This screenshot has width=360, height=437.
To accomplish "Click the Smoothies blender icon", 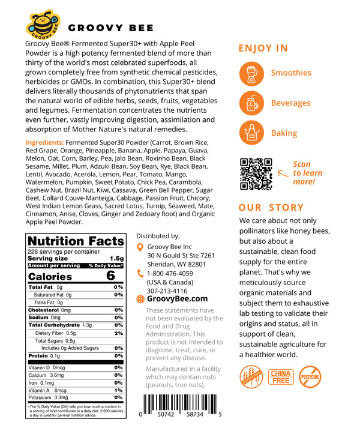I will coord(251,73).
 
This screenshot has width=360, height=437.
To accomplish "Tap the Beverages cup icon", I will coord(251,103).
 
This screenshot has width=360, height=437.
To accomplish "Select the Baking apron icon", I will coord(251,133).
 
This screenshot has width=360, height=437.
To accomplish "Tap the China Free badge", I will coord(281,376).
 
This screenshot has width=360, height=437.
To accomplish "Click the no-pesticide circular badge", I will coord(313,376).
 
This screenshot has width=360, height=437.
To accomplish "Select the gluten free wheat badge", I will coord(250,376).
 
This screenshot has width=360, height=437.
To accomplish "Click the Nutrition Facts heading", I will coord(76,241).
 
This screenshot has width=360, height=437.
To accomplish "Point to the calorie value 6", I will coord(110,276).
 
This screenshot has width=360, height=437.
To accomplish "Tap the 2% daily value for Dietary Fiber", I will coord(118,333).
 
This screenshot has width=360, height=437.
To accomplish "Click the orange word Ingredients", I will coord(49,142).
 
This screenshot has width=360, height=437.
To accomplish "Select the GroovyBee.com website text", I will coord(178,298).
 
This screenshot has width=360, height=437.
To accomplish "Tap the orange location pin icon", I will coord(140,247).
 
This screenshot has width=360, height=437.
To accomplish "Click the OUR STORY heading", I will coord(271,208).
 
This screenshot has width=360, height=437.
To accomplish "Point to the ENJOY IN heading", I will coord(263,49).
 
